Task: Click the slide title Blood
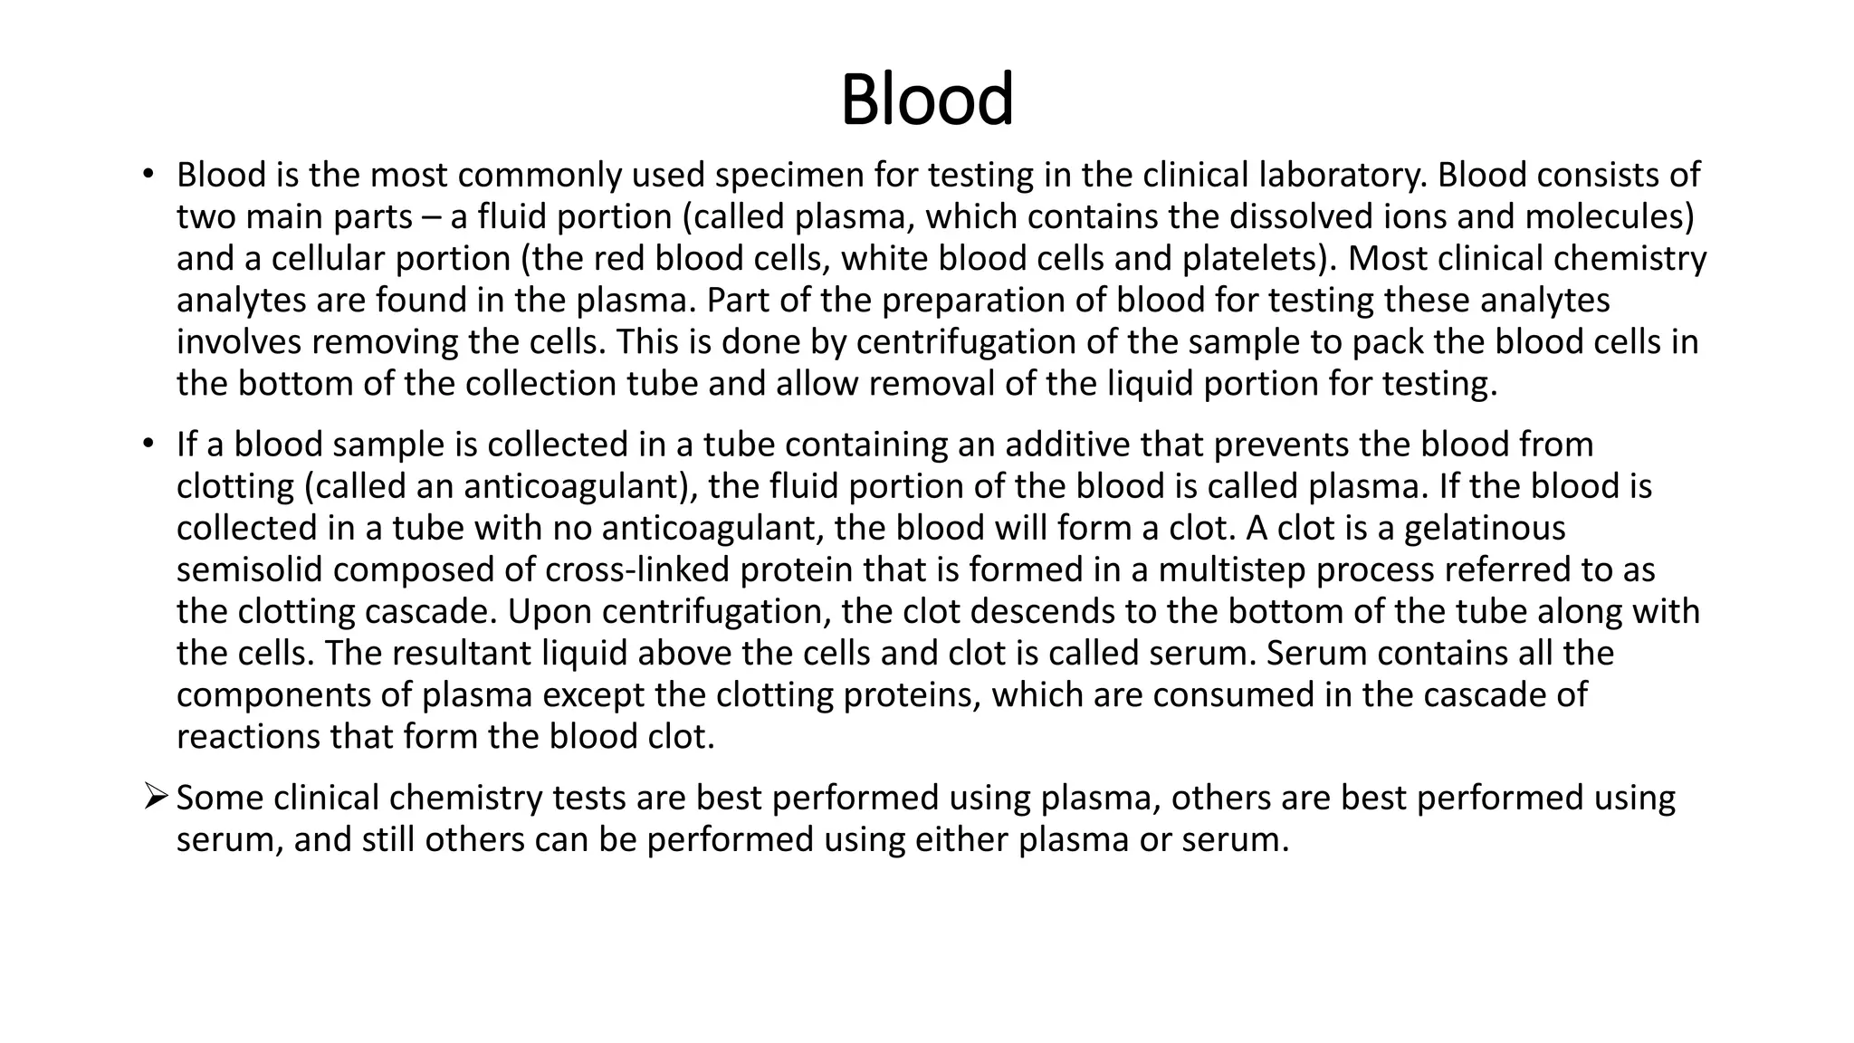pyautogui.click(x=926, y=100)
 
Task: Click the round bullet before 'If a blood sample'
pyautogui.click(x=148, y=445)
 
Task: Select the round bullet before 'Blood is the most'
pyautogui.click(x=148, y=174)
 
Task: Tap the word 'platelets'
pyautogui.click(x=1253, y=258)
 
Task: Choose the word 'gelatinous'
pyautogui.click(x=1485, y=528)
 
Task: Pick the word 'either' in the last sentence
pyautogui.click(x=960, y=839)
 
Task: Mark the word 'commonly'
pyautogui.click(x=544, y=175)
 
